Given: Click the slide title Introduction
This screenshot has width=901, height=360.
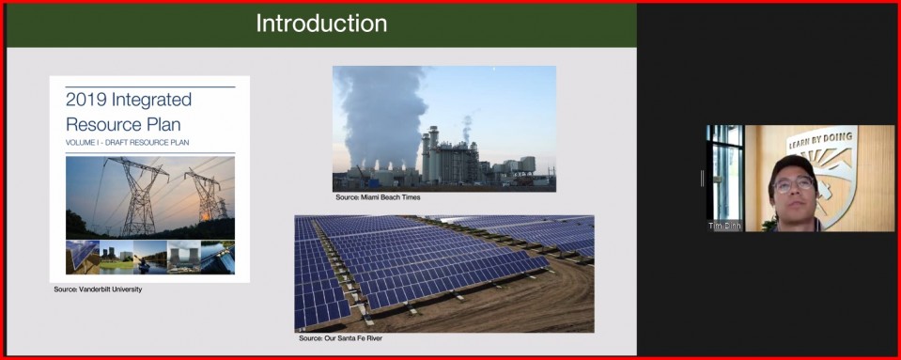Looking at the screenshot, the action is [321, 23].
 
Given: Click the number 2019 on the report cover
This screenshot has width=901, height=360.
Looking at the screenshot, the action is [86, 100].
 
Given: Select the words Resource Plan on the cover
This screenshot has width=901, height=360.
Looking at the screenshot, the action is [123, 124].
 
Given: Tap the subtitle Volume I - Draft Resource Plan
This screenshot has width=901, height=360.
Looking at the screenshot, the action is [127, 142].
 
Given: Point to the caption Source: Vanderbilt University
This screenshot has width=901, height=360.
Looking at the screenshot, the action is [98, 290].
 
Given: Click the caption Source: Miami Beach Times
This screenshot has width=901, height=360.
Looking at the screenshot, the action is [378, 197].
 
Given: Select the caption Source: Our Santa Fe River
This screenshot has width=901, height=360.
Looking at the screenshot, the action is [340, 338].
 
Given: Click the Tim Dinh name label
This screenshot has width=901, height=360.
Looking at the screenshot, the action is [724, 227].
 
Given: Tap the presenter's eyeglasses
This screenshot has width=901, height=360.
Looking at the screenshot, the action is [794, 184].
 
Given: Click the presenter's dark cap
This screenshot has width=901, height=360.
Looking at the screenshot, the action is [792, 166].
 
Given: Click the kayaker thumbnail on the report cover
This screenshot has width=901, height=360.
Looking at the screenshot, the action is [150, 257].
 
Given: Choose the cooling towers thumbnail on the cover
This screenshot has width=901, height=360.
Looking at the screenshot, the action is [184, 257].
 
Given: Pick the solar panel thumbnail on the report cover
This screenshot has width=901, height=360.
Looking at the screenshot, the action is [82, 257].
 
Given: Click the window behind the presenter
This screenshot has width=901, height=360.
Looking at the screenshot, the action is [725, 173].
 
